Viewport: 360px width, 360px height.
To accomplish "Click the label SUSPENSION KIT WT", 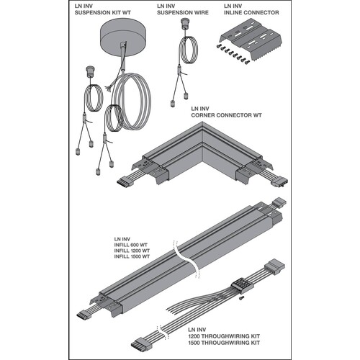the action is (x=103, y=13).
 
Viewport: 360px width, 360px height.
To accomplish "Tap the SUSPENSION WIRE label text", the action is (x=183, y=13).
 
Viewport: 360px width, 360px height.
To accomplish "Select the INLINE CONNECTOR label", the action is (x=251, y=13).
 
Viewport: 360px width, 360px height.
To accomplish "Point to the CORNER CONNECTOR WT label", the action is (x=226, y=115).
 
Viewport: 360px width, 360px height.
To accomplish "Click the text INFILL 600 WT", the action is (x=130, y=245).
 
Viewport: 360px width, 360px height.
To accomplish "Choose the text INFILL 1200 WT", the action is (x=132, y=251).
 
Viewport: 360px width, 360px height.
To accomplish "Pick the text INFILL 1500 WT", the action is (x=132, y=256).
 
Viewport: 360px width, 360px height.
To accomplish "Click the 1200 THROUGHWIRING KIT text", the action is (x=224, y=336).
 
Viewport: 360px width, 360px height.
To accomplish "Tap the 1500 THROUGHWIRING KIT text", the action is (x=224, y=343).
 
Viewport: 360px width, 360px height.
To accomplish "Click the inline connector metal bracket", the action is (x=251, y=41).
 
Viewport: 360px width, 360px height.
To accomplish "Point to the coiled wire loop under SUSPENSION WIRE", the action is (x=189, y=50).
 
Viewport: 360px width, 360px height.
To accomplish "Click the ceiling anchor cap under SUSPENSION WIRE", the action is (x=184, y=22).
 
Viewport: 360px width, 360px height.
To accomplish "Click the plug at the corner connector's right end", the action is (x=280, y=183).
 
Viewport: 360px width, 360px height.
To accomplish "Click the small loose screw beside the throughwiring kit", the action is (x=241, y=298).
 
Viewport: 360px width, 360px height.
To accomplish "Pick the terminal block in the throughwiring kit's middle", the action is (x=243, y=284).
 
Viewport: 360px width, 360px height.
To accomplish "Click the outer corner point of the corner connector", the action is (x=202, y=122).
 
